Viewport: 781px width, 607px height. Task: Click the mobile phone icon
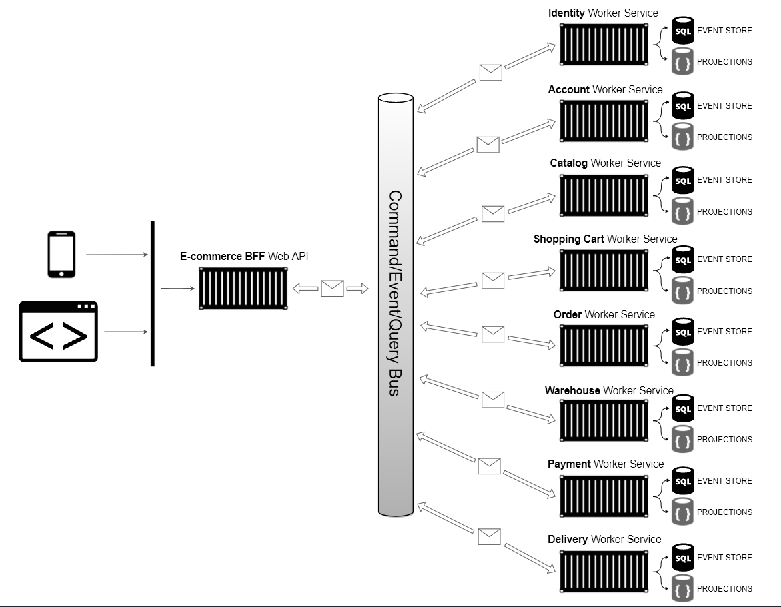point(61,254)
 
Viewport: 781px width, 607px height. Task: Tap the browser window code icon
point(58,332)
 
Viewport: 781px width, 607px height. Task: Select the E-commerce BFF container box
point(243,289)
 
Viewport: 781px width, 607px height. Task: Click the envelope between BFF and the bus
point(332,289)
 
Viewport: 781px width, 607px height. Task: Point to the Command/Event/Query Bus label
point(395,293)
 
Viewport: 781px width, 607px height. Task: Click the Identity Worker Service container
point(604,45)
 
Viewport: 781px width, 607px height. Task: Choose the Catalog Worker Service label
point(605,163)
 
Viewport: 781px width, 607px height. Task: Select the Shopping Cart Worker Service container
point(604,271)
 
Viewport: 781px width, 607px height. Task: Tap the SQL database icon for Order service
point(682,332)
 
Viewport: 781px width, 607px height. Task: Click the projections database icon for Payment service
point(682,512)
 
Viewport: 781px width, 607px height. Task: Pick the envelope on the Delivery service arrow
point(489,536)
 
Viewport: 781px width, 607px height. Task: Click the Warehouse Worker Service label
point(609,390)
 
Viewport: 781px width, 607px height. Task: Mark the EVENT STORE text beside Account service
point(724,105)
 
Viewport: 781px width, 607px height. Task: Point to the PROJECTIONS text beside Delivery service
point(724,588)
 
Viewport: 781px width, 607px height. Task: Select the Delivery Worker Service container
point(604,572)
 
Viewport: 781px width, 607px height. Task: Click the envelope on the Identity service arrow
point(490,72)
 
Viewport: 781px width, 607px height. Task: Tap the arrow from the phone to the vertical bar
point(116,255)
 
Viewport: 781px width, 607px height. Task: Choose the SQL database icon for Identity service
point(682,31)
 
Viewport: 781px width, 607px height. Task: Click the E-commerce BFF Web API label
point(244,256)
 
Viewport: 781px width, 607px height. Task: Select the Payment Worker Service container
point(604,496)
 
